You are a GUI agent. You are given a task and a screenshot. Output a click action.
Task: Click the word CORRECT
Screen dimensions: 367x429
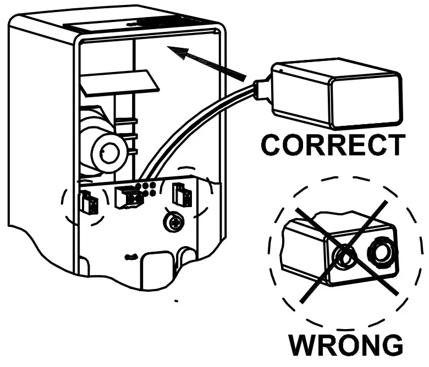tap(332, 145)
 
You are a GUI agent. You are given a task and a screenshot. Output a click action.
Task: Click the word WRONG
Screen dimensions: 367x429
tap(346, 346)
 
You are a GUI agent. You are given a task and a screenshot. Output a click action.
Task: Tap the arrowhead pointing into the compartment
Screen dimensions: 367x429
tap(179, 53)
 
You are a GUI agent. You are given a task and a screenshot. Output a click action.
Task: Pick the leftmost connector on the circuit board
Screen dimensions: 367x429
tap(88, 203)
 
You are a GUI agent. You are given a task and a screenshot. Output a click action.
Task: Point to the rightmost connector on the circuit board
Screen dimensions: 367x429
tap(180, 194)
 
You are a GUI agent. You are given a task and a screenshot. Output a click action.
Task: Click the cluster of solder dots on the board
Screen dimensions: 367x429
tap(147, 189)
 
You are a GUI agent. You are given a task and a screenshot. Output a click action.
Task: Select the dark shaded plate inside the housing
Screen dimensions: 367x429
tap(120, 82)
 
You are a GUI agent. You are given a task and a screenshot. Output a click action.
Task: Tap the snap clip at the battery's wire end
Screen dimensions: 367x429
tap(262, 91)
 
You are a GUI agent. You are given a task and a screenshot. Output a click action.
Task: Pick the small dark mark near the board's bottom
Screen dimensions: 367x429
tap(130, 257)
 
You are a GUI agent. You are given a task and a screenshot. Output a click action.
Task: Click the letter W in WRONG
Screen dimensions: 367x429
tap(305, 346)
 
